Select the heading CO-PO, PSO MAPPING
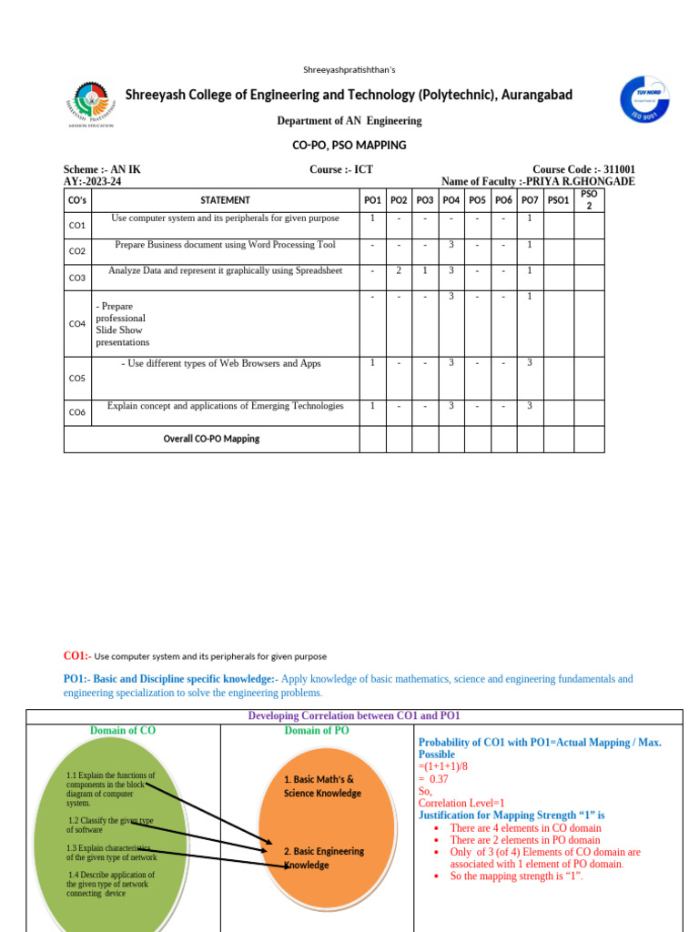[349, 145]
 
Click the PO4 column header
[451, 200]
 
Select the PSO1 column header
[558, 200]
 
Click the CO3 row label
[77, 278]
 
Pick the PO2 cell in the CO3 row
[399, 271]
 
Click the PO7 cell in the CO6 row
[530, 406]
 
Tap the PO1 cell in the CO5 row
[372, 363]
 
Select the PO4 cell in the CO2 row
[451, 245]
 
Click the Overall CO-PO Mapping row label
[211, 439]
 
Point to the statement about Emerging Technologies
[225, 406]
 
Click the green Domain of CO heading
[123, 731]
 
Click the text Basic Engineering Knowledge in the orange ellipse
[323, 857]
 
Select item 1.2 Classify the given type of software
[110, 825]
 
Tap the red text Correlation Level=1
[461, 803]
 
